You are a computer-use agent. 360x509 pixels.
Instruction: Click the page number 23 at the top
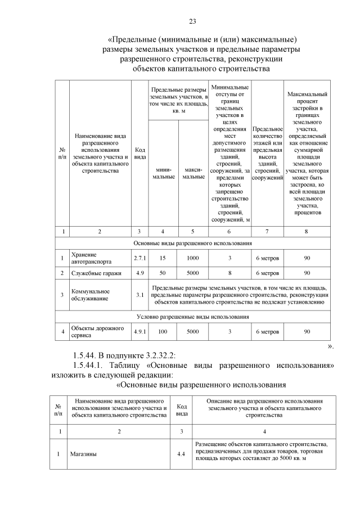click(192, 21)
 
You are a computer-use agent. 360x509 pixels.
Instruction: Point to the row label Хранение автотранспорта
click(91, 258)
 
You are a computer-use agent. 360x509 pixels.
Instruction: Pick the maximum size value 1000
click(192, 258)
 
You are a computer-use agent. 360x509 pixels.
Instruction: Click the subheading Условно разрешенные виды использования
click(192, 317)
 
